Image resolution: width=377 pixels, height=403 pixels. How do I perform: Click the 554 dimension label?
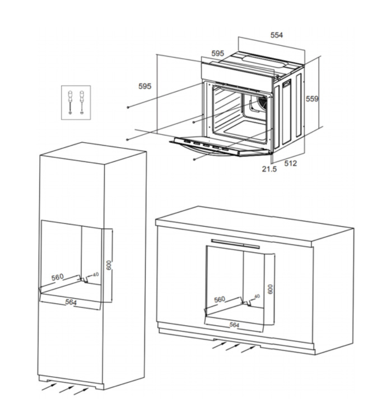(277, 35)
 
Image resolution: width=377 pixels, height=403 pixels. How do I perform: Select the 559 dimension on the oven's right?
(312, 99)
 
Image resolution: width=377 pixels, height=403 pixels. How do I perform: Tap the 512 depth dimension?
(290, 163)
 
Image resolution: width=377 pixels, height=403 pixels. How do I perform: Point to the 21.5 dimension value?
(269, 169)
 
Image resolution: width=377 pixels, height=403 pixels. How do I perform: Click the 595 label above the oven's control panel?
(217, 53)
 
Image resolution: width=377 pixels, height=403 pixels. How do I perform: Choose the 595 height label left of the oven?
(145, 86)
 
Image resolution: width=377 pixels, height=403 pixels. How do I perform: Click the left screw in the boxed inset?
(70, 102)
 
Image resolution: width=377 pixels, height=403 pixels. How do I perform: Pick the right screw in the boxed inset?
(82, 102)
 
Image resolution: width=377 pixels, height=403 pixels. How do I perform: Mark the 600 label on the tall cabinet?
(109, 265)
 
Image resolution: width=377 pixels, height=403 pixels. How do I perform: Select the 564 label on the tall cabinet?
(71, 302)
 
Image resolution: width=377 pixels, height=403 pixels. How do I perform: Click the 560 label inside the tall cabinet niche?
(57, 277)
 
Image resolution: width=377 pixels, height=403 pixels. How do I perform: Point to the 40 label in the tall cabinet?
(96, 274)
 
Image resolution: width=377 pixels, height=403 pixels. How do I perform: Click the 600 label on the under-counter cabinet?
(270, 289)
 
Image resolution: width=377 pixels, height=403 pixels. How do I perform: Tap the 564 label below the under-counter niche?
(234, 325)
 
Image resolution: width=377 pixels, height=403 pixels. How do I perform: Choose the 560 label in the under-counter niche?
(220, 299)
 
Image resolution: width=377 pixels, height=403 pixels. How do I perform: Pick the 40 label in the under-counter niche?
(257, 296)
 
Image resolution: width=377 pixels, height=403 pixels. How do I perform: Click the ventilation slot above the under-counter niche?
(235, 244)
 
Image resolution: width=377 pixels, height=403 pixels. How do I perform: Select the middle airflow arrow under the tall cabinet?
(67, 389)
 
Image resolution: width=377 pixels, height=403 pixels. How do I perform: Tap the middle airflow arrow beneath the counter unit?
(232, 346)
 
